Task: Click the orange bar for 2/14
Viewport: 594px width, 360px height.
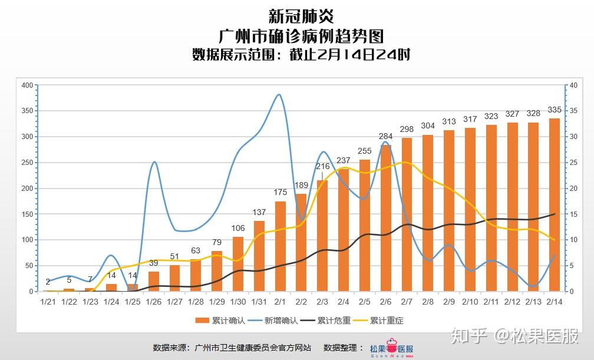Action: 555,205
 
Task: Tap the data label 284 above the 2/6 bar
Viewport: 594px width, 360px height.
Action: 385,137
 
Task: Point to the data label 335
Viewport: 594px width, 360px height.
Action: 555,110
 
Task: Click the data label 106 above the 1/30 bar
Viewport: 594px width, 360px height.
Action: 238,229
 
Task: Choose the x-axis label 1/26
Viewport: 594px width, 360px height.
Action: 154,302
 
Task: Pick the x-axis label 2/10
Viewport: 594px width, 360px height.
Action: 470,302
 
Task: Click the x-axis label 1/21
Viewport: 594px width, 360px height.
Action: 48,302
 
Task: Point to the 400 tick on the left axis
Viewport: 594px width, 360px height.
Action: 27,85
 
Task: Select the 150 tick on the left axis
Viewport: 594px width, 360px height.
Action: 27,214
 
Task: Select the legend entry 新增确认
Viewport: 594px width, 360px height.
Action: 271,321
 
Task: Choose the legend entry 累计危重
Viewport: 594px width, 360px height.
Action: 325,321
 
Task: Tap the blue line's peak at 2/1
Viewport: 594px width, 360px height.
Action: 279,94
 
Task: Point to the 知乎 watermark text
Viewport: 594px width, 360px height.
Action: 469,336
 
